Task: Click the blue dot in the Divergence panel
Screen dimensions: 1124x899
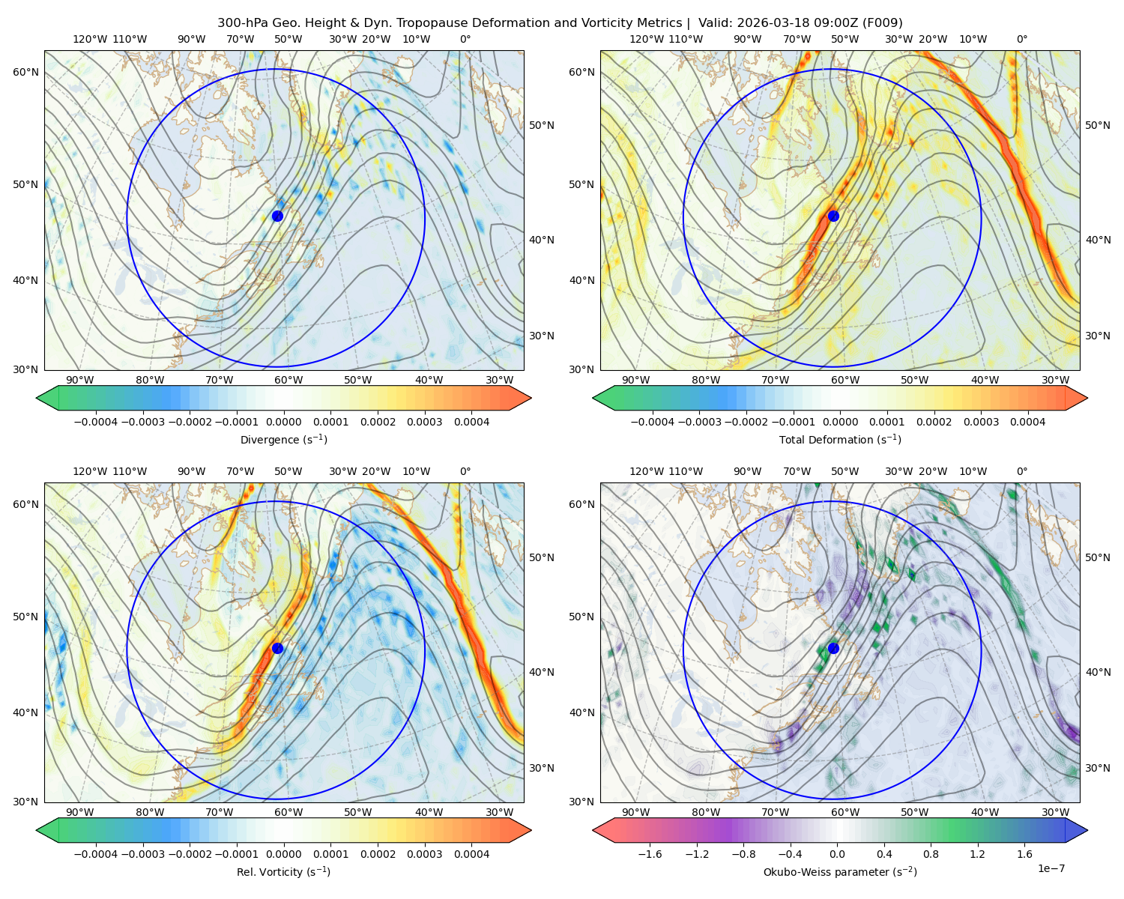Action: tap(277, 216)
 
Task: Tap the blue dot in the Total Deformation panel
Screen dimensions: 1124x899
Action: tap(833, 216)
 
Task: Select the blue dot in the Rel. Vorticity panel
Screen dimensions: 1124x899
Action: tap(277, 648)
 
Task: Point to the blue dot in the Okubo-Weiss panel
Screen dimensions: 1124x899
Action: tap(833, 648)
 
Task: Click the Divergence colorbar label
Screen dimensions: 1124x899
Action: tap(283, 439)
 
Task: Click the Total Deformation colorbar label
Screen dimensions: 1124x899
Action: tap(840, 439)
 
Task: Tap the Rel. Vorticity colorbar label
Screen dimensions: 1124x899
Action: tap(283, 871)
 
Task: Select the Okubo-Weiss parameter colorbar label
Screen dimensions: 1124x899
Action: tap(840, 871)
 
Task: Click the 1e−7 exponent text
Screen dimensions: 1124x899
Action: tap(1051, 868)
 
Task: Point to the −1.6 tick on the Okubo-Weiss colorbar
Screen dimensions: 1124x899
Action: tap(650, 854)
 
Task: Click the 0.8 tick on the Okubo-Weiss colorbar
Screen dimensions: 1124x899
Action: tap(931, 854)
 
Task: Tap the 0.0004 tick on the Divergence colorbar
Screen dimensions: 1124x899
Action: tap(471, 422)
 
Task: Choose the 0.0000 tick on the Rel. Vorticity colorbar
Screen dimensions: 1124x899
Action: tap(283, 854)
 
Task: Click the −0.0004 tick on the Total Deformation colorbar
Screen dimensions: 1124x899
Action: tap(653, 422)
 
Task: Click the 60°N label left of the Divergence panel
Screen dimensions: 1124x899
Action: tap(25, 72)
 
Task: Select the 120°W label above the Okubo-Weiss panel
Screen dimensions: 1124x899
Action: tap(646, 471)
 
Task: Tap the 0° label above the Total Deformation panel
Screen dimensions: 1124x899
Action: tap(1021, 39)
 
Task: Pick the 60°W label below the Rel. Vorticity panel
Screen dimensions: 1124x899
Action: tap(288, 812)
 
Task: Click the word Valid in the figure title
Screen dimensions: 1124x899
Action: tap(714, 23)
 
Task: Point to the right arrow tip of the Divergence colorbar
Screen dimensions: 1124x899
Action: tap(531, 398)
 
